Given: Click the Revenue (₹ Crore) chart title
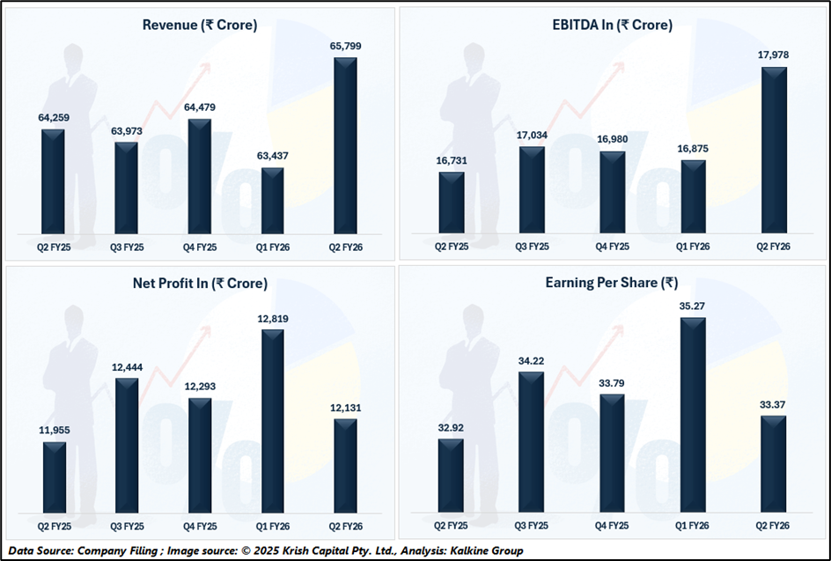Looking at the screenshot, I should [x=200, y=25].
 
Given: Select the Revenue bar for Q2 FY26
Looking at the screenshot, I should [x=346, y=145].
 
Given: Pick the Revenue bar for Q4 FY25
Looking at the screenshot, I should [x=200, y=176].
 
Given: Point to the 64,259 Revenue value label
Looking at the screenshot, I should [x=54, y=117].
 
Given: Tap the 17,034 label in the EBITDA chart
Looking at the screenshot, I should [x=531, y=136].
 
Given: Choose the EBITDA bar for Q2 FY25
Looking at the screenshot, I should [x=452, y=203].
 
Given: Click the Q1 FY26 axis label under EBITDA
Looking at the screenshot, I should [x=693, y=247].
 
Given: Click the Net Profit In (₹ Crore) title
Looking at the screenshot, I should [x=200, y=284].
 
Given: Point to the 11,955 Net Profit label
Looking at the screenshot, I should [x=54, y=430].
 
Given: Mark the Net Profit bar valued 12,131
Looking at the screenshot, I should [x=346, y=466].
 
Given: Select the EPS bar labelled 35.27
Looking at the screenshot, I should [x=693, y=415].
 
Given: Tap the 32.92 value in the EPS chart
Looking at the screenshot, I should [x=452, y=427].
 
